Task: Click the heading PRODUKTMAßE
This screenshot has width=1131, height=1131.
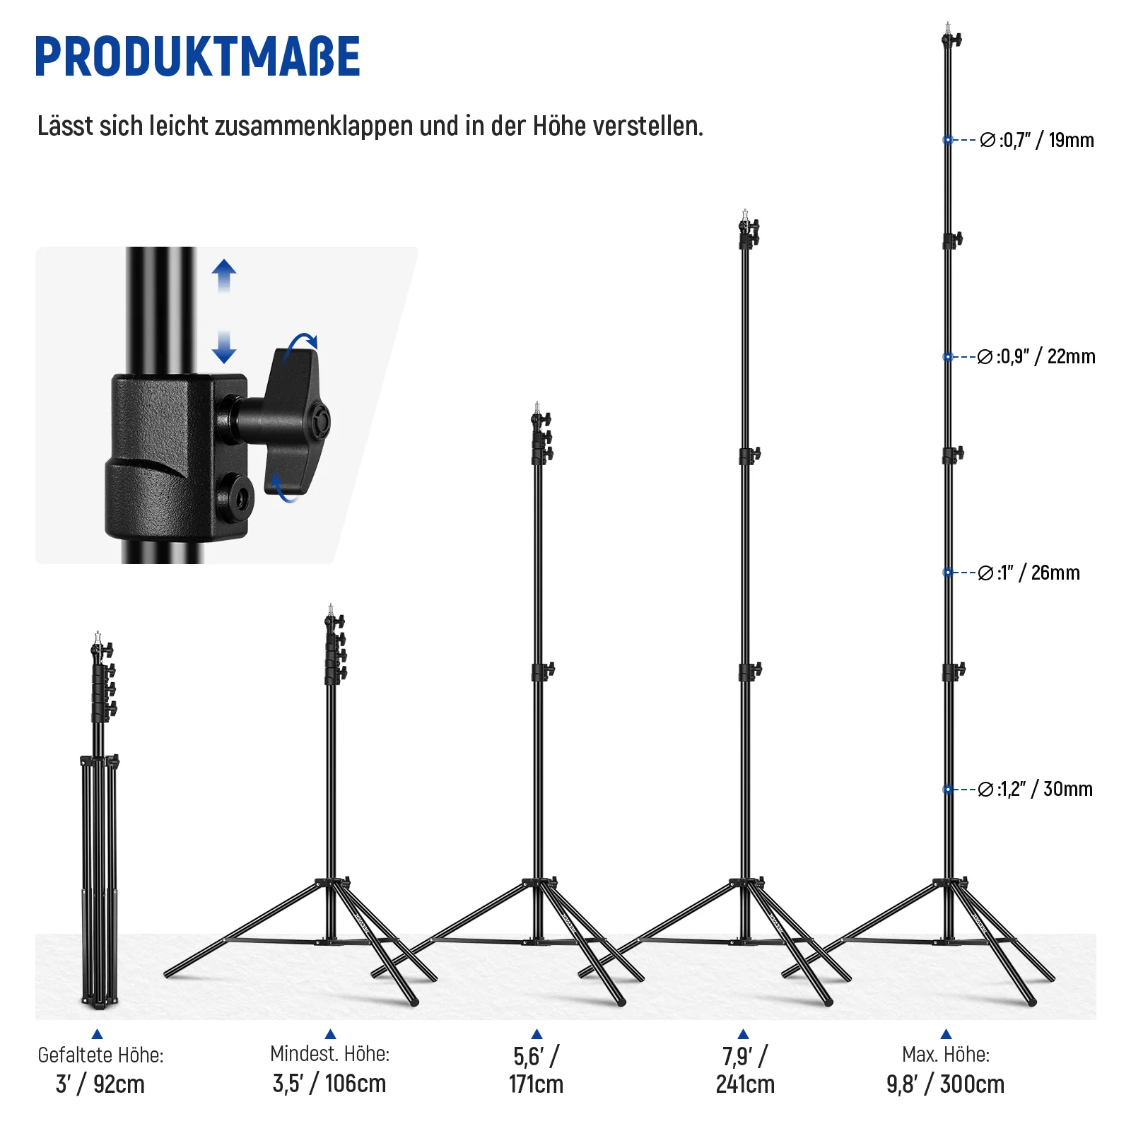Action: point(197,57)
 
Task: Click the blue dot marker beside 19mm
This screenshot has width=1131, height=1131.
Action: point(948,140)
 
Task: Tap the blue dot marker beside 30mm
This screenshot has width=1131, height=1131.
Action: point(948,789)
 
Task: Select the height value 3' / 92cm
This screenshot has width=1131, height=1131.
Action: point(100,1084)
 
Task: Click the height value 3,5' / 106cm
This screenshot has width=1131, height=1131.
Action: point(329,1083)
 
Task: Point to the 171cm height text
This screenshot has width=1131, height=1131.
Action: point(537,1084)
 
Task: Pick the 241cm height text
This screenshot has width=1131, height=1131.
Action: point(745,1084)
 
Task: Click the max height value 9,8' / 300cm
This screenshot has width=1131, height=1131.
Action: point(946,1084)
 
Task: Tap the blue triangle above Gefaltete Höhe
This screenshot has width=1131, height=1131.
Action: point(98,1034)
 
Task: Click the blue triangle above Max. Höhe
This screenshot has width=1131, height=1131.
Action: point(946,1034)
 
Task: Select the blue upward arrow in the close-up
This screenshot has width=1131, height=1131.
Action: point(224,276)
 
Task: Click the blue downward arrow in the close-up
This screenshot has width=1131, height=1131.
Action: point(224,347)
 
